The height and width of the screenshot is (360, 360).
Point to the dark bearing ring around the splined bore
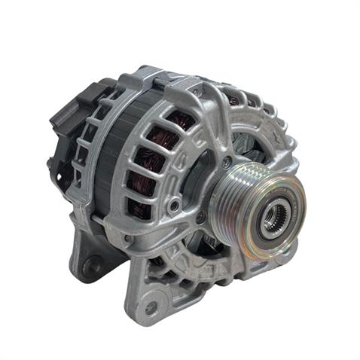tap(266, 223)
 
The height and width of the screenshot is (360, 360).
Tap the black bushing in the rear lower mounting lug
tap(90, 266)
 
